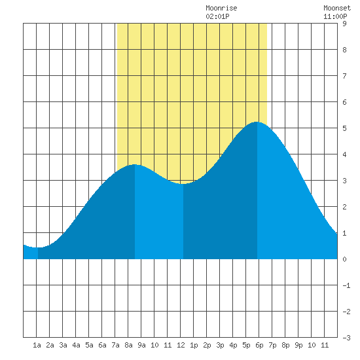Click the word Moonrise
(x=221, y=9)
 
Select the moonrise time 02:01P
(x=217, y=16)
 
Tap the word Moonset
(x=337, y=9)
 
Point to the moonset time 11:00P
(x=335, y=16)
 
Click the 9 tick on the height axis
(x=344, y=24)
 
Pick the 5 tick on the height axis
(x=344, y=128)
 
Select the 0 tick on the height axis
(x=344, y=259)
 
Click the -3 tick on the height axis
(x=346, y=338)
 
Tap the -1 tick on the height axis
(x=346, y=285)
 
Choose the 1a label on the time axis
(x=37, y=345)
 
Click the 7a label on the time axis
(x=115, y=345)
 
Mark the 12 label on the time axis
(x=181, y=345)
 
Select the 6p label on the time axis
(x=259, y=345)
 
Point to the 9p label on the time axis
(x=298, y=345)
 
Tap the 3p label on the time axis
(x=220, y=345)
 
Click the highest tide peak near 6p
(x=257, y=122)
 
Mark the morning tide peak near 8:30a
(x=135, y=164)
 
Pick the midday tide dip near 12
(x=183, y=184)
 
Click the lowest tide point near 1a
(x=38, y=247)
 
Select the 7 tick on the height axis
(x=344, y=76)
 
